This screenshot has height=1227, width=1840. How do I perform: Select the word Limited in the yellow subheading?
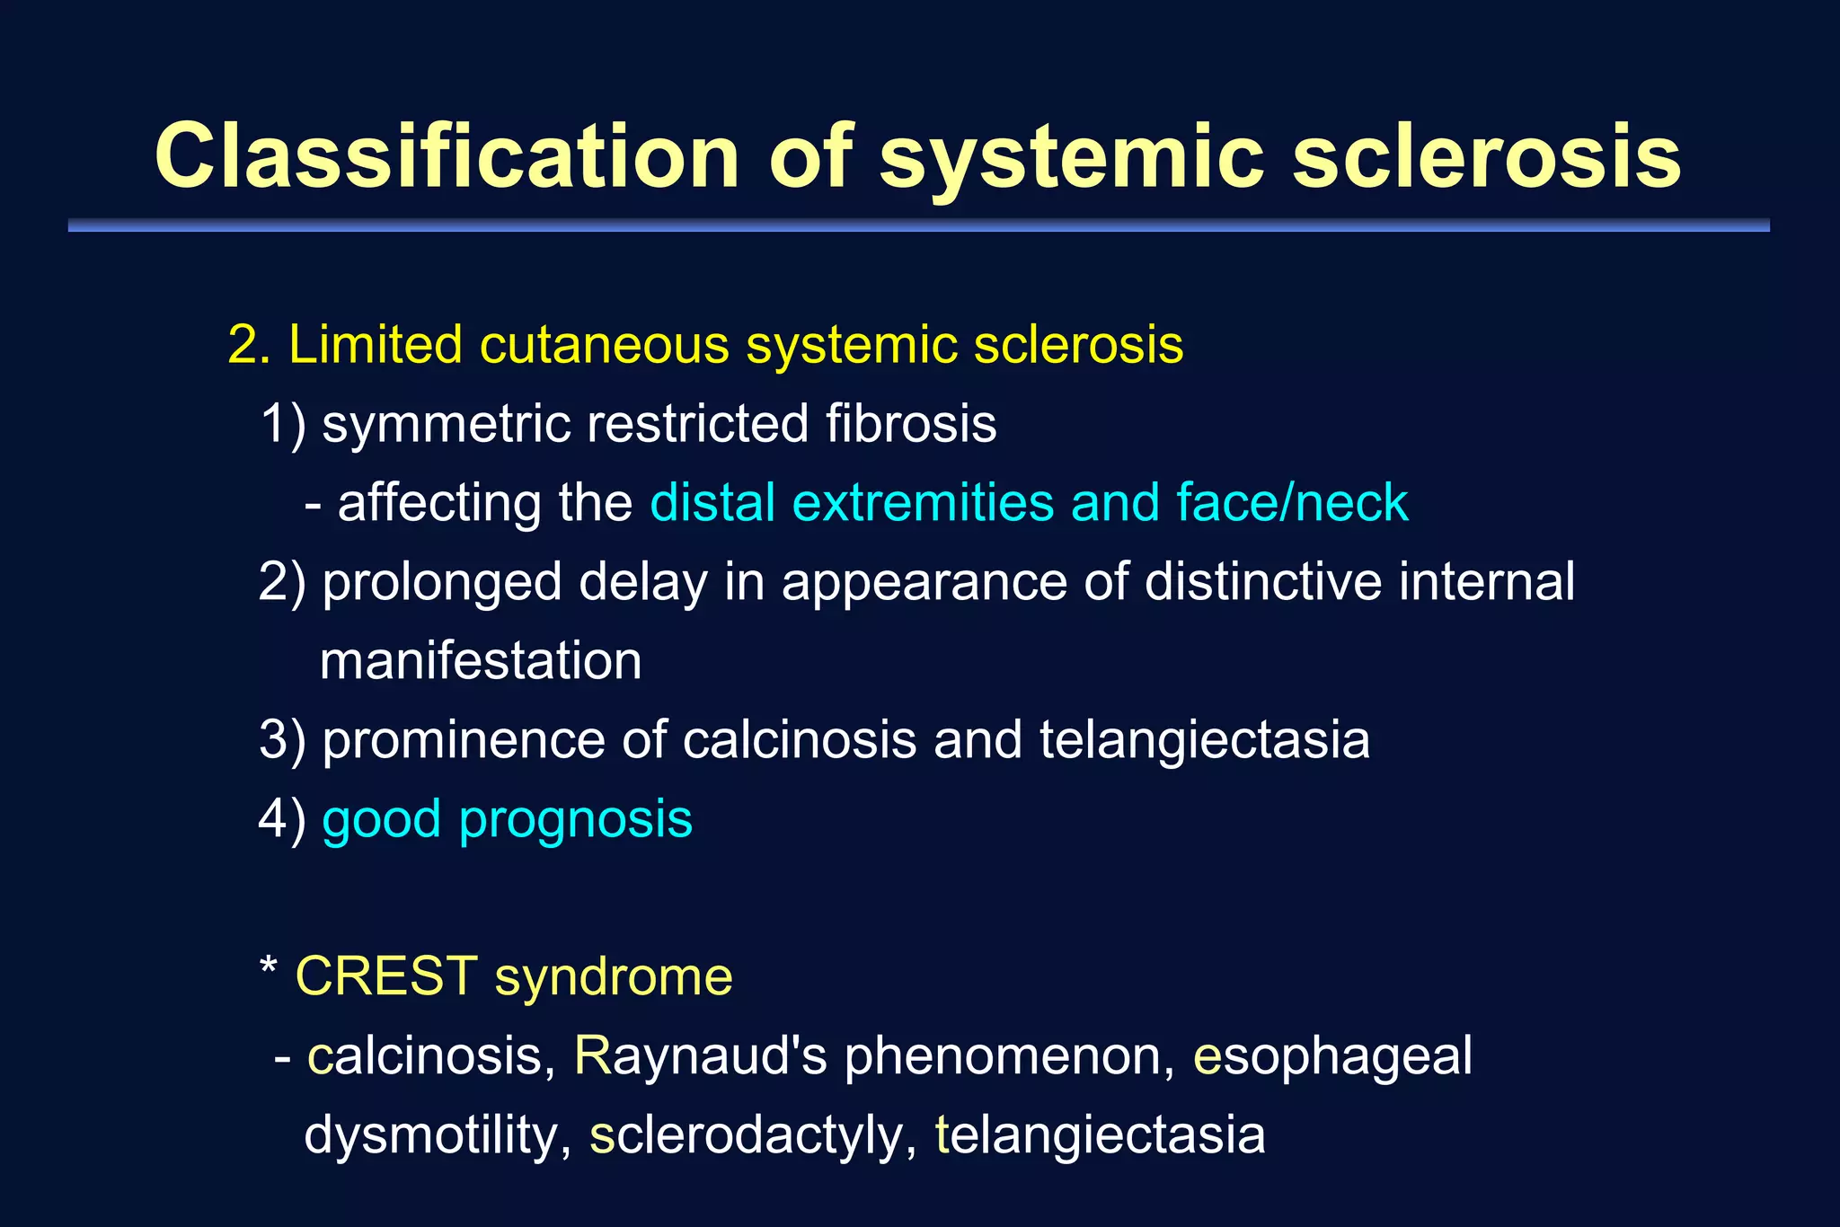pos(376,344)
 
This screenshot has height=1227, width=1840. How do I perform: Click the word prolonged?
pos(441,581)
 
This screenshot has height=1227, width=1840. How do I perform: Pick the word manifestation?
pos(481,661)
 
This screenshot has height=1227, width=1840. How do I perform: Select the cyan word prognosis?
pos(575,820)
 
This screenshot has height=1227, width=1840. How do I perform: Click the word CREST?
pos(386,976)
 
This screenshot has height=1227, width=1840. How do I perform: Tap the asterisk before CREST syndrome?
pos(268,968)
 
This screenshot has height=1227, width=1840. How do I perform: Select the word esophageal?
pos(1332,1055)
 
